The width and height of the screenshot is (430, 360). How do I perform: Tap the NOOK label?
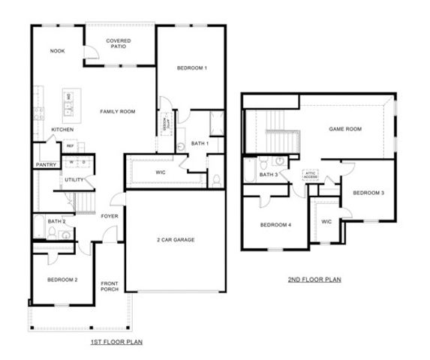(x=57, y=51)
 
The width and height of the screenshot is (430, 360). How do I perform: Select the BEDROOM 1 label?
(x=191, y=68)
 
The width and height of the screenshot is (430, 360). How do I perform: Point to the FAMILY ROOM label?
(x=118, y=112)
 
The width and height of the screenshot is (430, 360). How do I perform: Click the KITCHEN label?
(x=62, y=130)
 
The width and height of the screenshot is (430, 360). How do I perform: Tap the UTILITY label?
(x=74, y=180)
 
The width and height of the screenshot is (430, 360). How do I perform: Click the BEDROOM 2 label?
(x=62, y=280)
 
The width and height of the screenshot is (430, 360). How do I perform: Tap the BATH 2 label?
(x=57, y=221)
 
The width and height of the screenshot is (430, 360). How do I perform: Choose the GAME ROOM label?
(x=345, y=129)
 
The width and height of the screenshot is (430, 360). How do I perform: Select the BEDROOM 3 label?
(x=368, y=193)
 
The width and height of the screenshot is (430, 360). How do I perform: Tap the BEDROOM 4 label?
(x=275, y=225)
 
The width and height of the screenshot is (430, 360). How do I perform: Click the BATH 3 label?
(x=269, y=175)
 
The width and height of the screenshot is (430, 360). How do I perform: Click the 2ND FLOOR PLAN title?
(x=314, y=280)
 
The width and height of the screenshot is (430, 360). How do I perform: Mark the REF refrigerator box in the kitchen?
(x=70, y=146)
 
